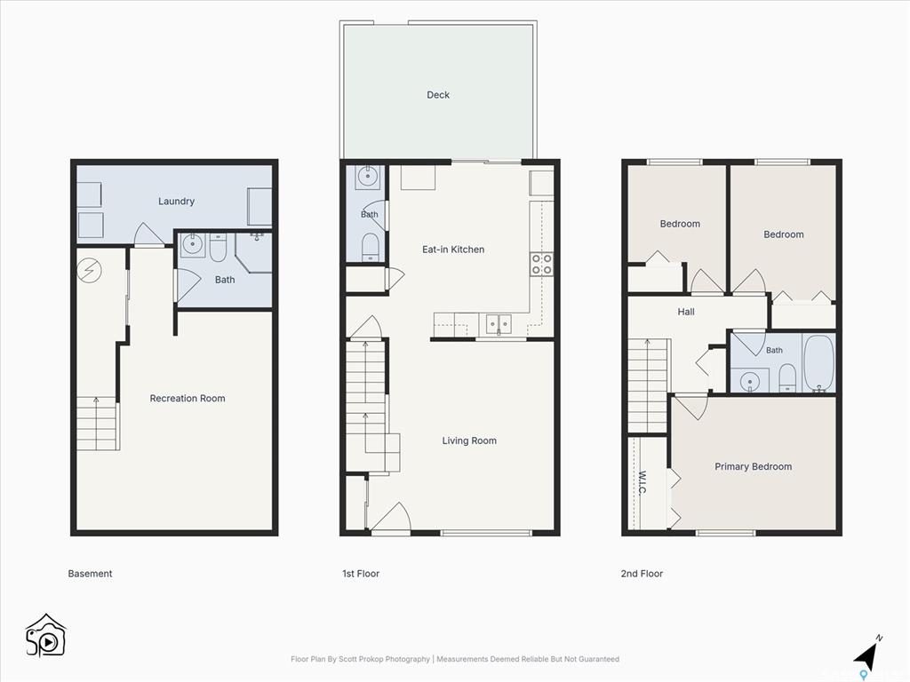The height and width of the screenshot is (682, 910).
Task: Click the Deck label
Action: click(438, 95)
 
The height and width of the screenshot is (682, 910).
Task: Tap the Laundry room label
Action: click(177, 202)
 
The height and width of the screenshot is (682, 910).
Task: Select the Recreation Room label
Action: click(188, 399)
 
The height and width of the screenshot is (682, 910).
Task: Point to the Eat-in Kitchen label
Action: click(453, 250)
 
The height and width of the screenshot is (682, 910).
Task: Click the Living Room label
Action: click(469, 440)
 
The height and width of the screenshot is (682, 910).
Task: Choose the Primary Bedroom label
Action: click(754, 467)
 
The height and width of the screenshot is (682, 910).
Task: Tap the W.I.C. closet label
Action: click(643, 482)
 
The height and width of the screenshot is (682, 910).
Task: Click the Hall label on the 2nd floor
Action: click(686, 312)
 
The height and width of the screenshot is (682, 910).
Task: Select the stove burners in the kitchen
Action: click(541, 264)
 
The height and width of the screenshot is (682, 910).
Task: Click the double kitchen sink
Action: click(499, 323)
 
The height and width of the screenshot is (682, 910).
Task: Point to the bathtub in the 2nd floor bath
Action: click(818, 363)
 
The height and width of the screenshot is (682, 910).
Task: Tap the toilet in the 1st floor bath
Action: click(371, 247)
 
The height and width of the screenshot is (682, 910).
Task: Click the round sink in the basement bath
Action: click(192, 245)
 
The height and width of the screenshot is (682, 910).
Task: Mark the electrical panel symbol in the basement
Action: click(90, 270)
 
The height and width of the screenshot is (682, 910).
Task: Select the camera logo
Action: click(45, 636)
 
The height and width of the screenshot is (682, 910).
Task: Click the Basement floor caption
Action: click(90, 574)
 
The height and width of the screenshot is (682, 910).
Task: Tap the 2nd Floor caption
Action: click(642, 574)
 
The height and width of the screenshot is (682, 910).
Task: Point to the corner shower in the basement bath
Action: click(253, 252)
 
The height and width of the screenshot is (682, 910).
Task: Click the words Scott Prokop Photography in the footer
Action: click(385, 660)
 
